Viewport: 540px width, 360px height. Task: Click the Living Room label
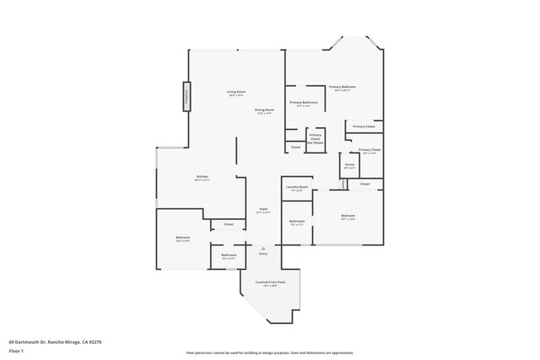235,92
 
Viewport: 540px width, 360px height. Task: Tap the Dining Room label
265,110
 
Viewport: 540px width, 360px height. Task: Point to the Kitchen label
201,178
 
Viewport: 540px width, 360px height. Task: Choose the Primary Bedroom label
342,88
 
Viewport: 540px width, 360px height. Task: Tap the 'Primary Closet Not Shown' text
315,138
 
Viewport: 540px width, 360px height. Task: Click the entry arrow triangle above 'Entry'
263,248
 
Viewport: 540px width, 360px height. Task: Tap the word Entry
263,254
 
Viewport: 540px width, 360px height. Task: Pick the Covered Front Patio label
269,282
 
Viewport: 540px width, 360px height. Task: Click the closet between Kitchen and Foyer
228,224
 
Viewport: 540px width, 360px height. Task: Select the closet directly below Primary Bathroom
295,148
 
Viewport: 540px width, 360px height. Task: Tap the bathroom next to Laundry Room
296,223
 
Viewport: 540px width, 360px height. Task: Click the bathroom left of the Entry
229,255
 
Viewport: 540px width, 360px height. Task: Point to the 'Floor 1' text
16,350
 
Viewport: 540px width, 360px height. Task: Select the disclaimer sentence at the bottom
269,353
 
